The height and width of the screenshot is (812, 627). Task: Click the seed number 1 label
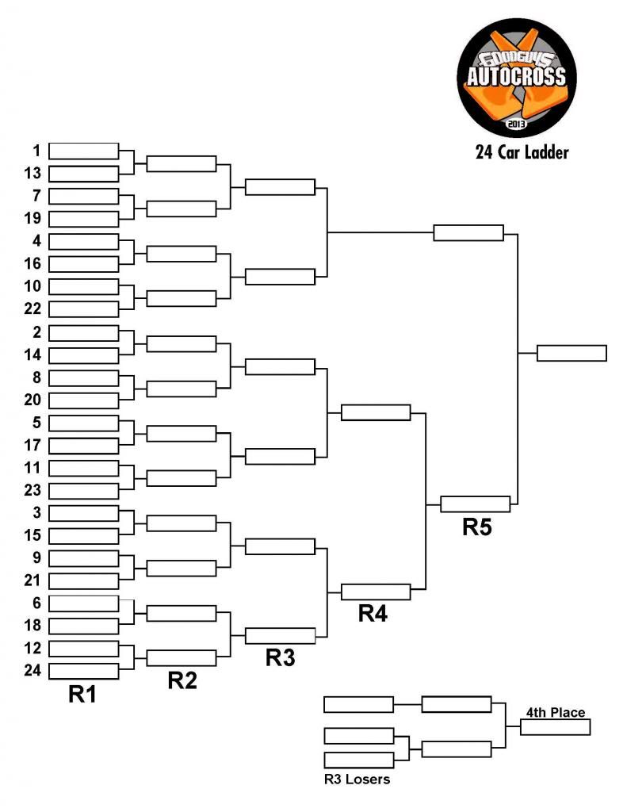point(36,151)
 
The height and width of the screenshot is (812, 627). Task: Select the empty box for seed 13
point(83,174)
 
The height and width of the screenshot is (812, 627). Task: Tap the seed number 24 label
point(32,671)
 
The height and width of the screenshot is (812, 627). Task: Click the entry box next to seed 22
point(83,309)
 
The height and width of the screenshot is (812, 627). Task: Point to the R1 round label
point(83,695)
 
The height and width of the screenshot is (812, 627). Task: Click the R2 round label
point(182,681)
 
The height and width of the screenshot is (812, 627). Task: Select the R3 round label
point(280,658)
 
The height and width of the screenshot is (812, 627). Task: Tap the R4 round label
point(373,613)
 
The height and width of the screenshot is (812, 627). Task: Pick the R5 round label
point(477,528)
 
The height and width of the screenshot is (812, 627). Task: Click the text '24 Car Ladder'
point(522,152)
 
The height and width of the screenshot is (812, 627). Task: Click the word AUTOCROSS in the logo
point(515,77)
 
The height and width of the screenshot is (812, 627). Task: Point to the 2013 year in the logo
point(516,124)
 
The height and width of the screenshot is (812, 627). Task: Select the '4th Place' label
point(555,712)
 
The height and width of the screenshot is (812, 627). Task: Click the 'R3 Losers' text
point(357,779)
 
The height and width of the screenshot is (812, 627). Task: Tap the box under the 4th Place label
point(555,727)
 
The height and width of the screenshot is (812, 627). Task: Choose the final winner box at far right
point(572,353)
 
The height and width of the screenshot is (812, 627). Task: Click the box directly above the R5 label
point(475,504)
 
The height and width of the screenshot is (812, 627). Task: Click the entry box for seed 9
point(83,558)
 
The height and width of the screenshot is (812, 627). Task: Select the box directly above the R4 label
point(376,592)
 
